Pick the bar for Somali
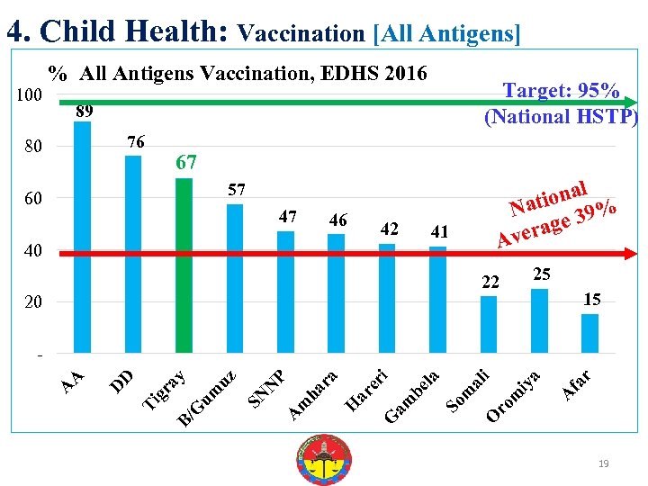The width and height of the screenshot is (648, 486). coord(489,324)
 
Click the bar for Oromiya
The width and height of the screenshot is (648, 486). coord(539,320)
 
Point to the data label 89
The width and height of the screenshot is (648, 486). coord(85,112)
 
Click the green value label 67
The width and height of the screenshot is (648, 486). coord(186,163)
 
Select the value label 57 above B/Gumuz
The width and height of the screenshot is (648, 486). coord(236,190)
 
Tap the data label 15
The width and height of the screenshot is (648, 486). coord(591,299)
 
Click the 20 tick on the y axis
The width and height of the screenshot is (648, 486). coord(32,302)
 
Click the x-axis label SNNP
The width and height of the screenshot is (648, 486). coord(266,385)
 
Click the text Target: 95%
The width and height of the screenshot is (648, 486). coord(560,91)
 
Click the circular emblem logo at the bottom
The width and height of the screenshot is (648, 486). coord(323,459)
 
